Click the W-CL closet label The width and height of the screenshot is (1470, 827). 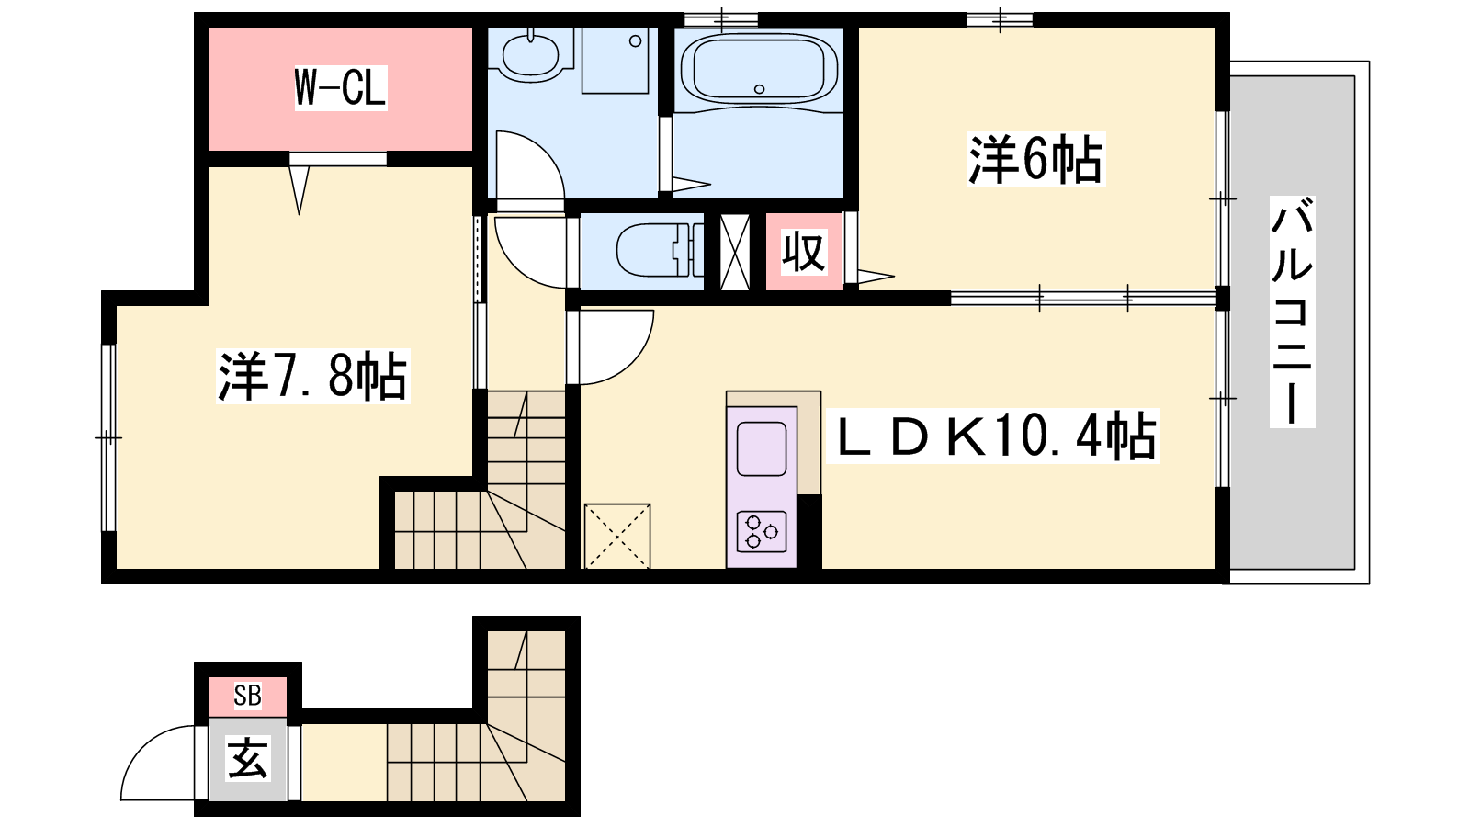coord(341,87)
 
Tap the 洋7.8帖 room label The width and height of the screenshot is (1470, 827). coord(313,376)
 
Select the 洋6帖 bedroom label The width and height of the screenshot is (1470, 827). coord(1035,160)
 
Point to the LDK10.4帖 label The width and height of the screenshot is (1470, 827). coord(993,436)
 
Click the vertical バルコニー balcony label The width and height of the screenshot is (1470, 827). coord(1292,312)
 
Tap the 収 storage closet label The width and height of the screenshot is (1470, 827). coord(804,252)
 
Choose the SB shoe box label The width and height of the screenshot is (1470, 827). coord(247,696)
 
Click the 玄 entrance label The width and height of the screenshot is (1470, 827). coord(247,758)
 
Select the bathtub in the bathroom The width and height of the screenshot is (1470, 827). coord(759,68)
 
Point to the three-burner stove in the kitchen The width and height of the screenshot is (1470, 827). coord(762,531)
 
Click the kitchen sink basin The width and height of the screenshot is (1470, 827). coord(762,449)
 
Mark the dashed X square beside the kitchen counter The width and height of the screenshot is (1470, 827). coord(616,536)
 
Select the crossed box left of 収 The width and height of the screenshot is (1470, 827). coord(735,252)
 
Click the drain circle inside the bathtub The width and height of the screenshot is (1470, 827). coord(759,89)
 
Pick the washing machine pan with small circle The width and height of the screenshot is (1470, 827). coord(615,61)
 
